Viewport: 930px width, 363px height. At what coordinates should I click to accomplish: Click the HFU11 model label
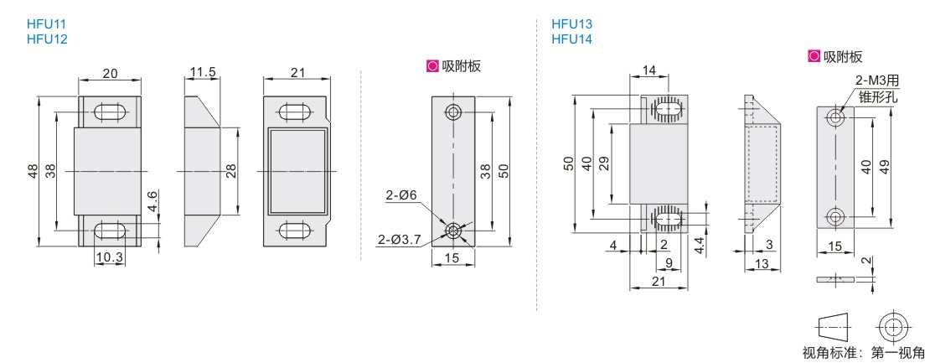coord(47,24)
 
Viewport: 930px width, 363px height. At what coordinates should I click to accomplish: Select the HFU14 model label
coord(571,39)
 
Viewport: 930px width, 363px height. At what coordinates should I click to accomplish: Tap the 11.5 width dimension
coord(202,73)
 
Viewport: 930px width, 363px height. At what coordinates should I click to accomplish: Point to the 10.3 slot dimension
coord(109,258)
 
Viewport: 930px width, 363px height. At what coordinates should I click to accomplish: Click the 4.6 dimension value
coord(153,202)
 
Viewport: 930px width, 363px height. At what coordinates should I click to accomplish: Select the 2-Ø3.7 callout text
coord(399,240)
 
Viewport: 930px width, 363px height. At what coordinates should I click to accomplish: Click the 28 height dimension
coord(230,171)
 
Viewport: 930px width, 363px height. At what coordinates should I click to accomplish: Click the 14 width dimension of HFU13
coord(648,70)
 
